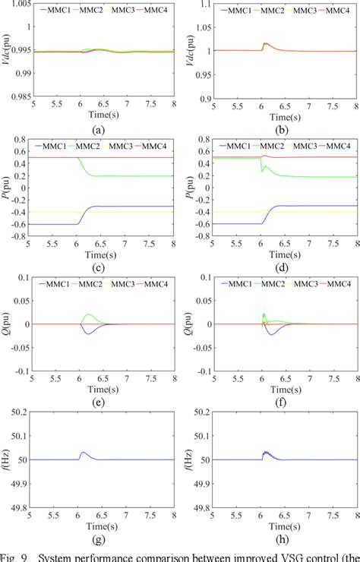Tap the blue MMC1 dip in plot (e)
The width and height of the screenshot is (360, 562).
click(90, 333)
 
